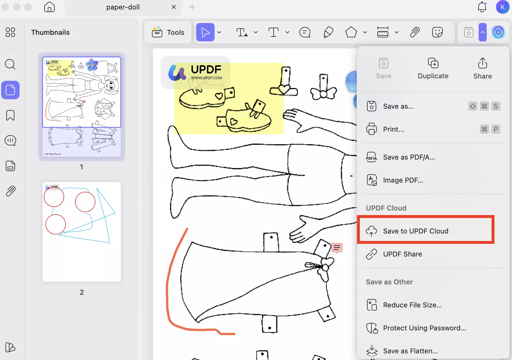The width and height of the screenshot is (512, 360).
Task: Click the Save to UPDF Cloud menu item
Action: (x=415, y=231)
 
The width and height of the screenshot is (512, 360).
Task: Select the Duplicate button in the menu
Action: (x=433, y=68)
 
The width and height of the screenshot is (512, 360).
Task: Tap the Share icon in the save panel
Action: (x=482, y=68)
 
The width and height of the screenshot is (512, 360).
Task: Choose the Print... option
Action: (x=393, y=129)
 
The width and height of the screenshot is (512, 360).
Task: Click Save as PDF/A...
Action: (x=409, y=157)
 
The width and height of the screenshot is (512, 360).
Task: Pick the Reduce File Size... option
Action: (x=412, y=305)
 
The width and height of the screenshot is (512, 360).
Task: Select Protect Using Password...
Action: (x=424, y=328)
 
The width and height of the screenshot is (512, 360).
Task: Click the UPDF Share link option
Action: (x=402, y=254)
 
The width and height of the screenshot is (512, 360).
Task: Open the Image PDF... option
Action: (x=403, y=180)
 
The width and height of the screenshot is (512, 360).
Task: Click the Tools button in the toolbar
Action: (x=168, y=32)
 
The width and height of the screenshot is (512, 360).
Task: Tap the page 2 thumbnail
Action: (x=82, y=232)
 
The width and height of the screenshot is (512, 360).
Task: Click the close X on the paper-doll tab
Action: (x=174, y=7)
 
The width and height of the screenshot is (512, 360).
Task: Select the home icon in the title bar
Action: (x=49, y=7)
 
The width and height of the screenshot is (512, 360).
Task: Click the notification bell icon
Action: (x=482, y=7)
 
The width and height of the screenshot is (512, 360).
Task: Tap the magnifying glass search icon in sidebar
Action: (x=10, y=64)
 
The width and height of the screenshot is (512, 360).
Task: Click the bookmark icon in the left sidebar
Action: (x=10, y=115)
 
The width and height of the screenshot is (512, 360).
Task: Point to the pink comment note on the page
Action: (x=337, y=247)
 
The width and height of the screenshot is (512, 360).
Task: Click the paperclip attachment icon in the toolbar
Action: (x=415, y=32)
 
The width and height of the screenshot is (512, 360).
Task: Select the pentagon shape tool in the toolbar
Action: (x=351, y=32)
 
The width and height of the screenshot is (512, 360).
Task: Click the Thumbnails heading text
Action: (x=50, y=32)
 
